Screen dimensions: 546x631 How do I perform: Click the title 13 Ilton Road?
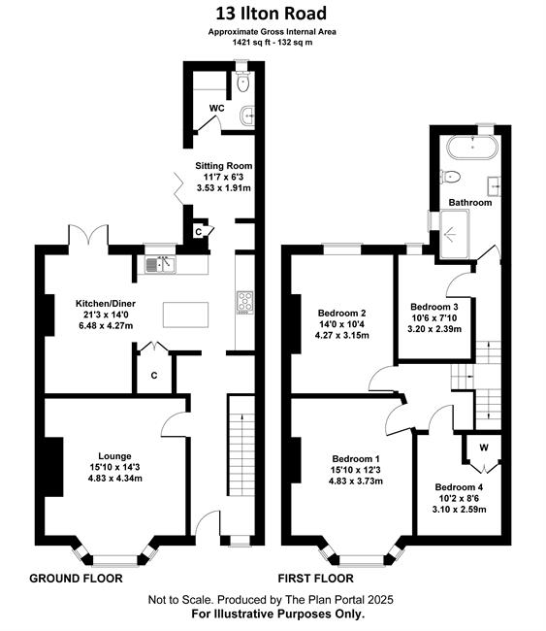(x=271, y=14)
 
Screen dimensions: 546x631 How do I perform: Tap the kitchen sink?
(x=160, y=264)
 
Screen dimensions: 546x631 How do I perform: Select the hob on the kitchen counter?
(x=244, y=302)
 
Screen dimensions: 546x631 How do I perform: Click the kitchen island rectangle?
(x=186, y=315)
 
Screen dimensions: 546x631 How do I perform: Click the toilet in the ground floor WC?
(x=243, y=81)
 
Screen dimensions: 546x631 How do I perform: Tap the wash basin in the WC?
(x=247, y=116)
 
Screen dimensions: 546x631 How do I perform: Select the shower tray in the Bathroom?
(x=455, y=234)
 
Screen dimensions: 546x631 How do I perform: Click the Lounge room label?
(x=114, y=456)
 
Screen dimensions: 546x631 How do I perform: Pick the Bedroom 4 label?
(x=459, y=487)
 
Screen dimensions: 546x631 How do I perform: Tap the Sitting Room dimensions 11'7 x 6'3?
(x=223, y=177)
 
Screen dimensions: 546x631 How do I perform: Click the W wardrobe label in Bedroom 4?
(x=484, y=448)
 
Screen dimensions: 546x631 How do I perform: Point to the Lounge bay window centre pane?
(x=115, y=560)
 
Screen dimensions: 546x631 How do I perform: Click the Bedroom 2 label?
(x=341, y=313)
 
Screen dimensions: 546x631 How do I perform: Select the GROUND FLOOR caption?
(x=76, y=579)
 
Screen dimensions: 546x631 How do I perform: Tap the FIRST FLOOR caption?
(x=315, y=579)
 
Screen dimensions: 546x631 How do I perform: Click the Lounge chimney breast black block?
(x=54, y=467)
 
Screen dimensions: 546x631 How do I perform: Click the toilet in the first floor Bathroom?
(x=451, y=177)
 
